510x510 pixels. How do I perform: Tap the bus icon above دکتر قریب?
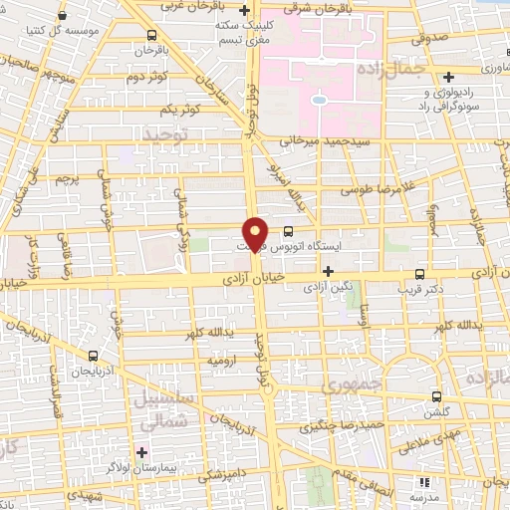[418, 271]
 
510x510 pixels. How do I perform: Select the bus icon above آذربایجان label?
[94, 356]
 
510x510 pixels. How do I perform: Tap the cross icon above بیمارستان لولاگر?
[142, 453]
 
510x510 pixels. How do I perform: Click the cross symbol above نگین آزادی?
[328, 271]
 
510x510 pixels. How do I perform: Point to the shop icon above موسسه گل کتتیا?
[64, 17]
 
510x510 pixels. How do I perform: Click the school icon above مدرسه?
[426, 481]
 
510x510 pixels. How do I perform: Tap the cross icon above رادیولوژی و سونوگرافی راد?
[449, 76]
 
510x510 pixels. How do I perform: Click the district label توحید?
[165, 133]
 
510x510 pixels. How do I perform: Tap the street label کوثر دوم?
[142, 77]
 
